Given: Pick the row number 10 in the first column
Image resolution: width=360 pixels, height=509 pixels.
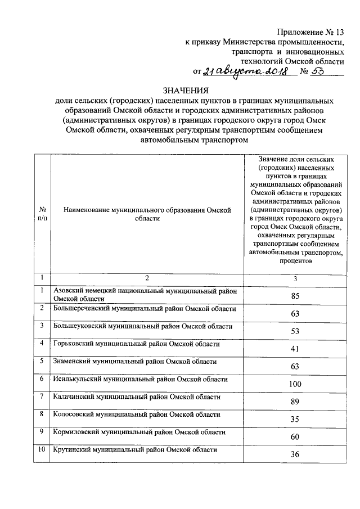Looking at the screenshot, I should click(42, 449).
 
